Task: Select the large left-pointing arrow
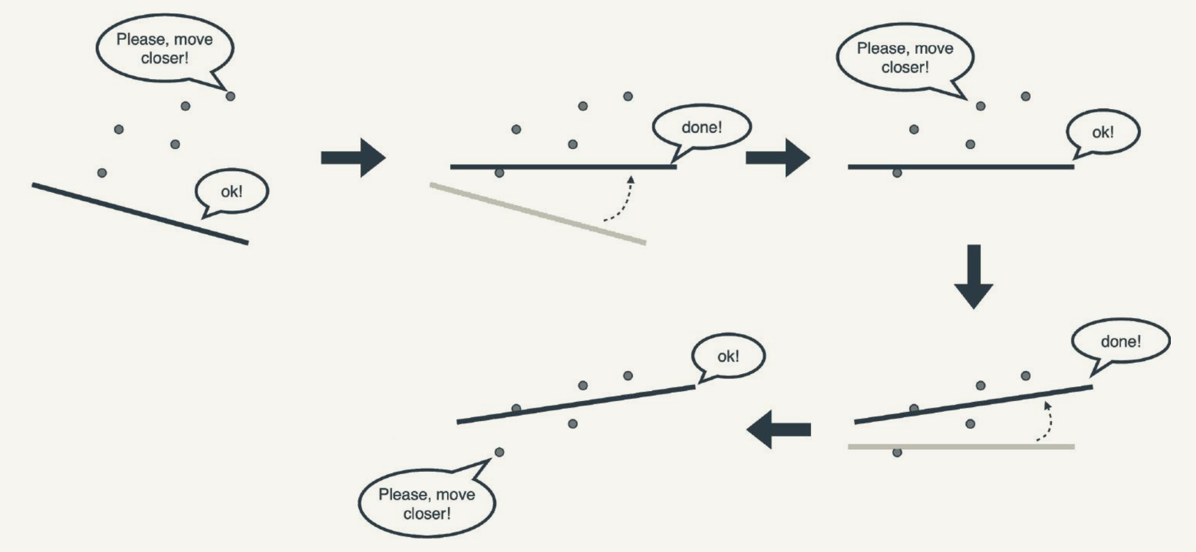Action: coord(778,429)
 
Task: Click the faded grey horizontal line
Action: coord(961,447)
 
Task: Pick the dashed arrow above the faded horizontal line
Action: coord(1046,422)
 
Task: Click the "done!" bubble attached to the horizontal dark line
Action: coord(701,128)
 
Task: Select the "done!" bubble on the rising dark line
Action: coord(1120,341)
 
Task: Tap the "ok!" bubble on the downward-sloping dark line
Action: coord(232,192)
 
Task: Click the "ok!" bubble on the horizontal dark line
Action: coord(1103,132)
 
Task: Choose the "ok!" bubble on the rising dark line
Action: coord(728,356)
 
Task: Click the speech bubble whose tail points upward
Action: coord(427,503)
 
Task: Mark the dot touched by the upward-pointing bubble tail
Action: coord(499,452)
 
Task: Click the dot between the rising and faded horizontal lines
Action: coord(970,424)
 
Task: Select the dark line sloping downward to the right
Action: coord(140,214)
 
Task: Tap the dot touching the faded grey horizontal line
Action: coord(897,453)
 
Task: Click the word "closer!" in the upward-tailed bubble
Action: coord(427,514)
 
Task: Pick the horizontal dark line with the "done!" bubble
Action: coord(563,167)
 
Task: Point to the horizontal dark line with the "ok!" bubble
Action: coord(961,167)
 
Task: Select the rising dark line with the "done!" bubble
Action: coord(973,405)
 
